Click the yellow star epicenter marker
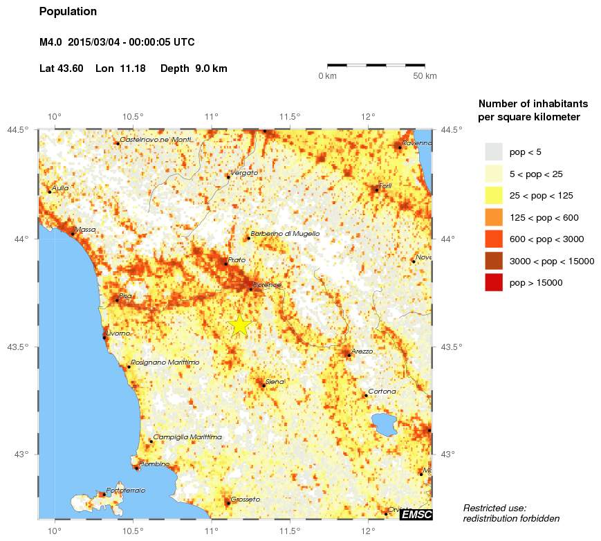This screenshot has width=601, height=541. tap(239, 324)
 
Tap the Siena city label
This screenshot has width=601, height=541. tap(275, 381)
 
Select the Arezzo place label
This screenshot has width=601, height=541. tap(362, 351)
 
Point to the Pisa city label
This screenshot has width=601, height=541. tap(125, 296)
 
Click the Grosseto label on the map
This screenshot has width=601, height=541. tap(245, 499)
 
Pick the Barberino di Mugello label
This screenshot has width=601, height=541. tap(285, 234)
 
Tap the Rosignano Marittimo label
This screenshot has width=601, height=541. tap(165, 363)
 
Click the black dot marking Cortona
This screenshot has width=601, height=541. tap(365, 396)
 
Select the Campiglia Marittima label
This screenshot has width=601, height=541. tap(187, 437)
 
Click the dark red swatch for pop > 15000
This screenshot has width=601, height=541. tap(493, 282)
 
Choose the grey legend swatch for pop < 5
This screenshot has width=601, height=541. tap(493, 152)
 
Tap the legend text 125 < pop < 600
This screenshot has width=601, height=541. tap(544, 218)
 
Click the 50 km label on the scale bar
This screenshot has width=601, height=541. tap(425, 76)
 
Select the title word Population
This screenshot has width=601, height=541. tap(68, 12)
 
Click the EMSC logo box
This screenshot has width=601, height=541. tap(416, 515)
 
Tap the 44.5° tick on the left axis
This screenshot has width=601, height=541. tap(19, 130)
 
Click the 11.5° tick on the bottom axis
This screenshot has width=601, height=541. tap(289, 531)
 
